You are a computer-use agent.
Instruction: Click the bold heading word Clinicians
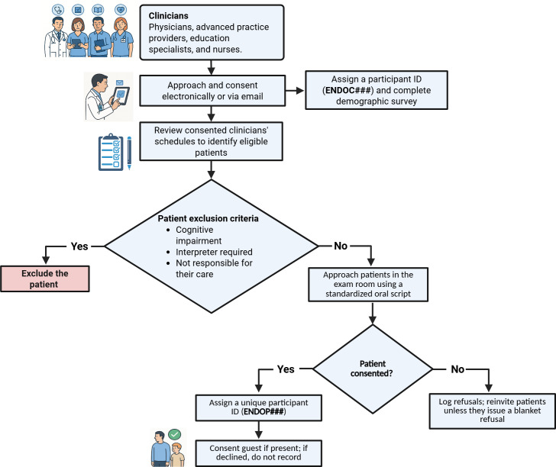pyautogui.click(x=169, y=15)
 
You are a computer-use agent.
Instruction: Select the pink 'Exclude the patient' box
pyautogui.click(x=45, y=279)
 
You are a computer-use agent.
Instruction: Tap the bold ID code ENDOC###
pyautogui.click(x=347, y=90)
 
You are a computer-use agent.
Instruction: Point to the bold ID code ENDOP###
pyautogui.click(x=263, y=411)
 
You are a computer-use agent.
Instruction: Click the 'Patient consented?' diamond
pyautogui.click(x=373, y=369)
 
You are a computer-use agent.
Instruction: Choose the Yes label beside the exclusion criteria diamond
pyautogui.click(x=79, y=246)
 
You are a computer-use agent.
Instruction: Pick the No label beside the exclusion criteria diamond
pyautogui.click(x=341, y=246)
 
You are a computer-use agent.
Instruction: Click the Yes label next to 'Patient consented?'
pyautogui.click(x=286, y=369)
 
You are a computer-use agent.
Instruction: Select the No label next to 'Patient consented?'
pyautogui.click(x=457, y=369)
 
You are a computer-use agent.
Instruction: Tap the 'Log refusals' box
pyautogui.click(x=492, y=411)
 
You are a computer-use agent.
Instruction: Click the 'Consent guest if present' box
pyautogui.click(x=259, y=453)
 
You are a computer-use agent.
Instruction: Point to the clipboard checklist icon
pyautogui.click(x=111, y=152)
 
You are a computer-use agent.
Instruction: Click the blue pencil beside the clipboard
pyautogui.click(x=129, y=153)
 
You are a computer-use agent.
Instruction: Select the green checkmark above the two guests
pyautogui.click(x=174, y=434)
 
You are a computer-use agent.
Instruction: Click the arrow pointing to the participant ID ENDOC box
pyautogui.click(x=295, y=91)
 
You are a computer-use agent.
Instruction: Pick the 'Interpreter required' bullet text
pyautogui.click(x=214, y=252)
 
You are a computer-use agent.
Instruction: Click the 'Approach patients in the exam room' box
pyautogui.click(x=368, y=285)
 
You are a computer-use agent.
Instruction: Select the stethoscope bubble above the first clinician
pyautogui.click(x=58, y=10)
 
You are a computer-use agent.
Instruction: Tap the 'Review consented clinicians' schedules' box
pyautogui.click(x=211, y=141)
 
